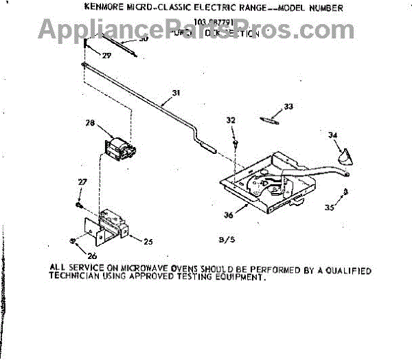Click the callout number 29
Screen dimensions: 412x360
click(x=87, y=54)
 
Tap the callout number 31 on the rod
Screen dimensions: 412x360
click(x=176, y=93)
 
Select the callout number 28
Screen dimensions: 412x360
click(x=90, y=124)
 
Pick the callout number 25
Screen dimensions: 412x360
click(x=148, y=240)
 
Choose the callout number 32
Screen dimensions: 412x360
click(x=231, y=120)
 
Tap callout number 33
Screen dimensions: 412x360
click(x=288, y=106)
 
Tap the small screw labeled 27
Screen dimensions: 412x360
click(x=80, y=203)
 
